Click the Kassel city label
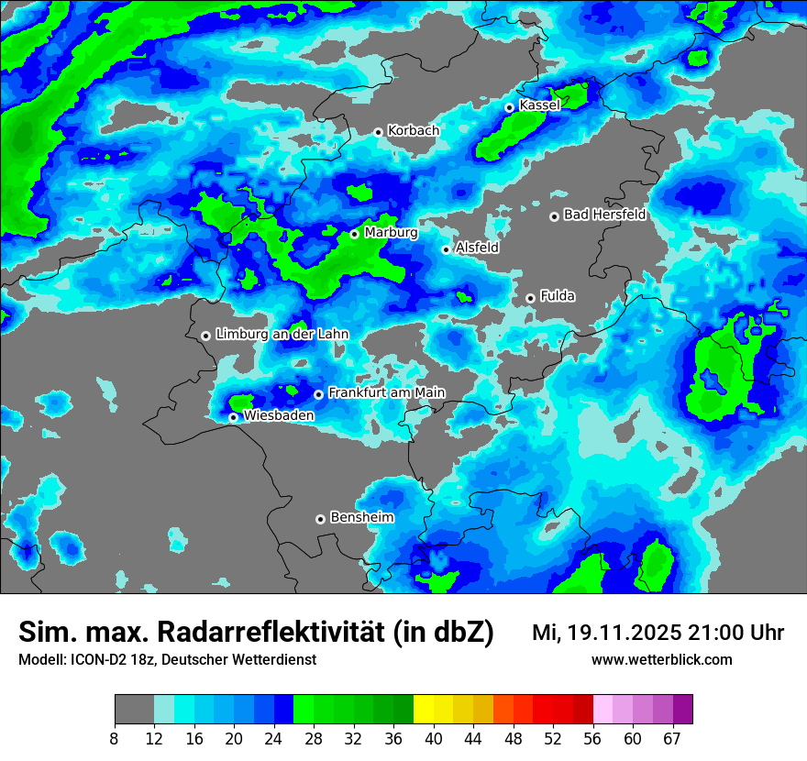(539, 105)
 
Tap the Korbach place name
(413, 131)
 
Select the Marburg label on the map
(391, 233)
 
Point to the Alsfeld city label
(477, 248)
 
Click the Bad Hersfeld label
(604, 215)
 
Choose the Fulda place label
(558, 296)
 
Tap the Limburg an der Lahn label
(282, 335)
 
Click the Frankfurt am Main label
(386, 393)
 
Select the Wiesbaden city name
(279, 415)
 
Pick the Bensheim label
(361, 517)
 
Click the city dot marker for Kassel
(510, 107)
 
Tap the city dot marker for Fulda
(530, 298)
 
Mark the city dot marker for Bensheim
(320, 519)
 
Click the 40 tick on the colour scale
(434, 739)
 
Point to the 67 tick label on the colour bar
(672, 739)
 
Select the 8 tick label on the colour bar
(115, 739)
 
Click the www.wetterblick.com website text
(662, 659)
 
